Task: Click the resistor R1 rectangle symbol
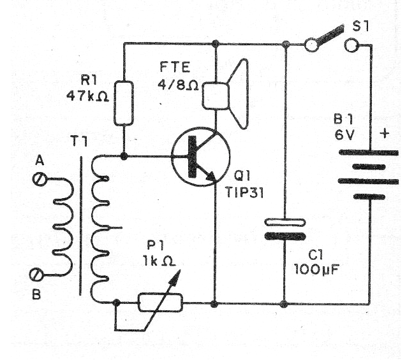(x=124, y=103)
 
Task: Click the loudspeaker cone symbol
(x=239, y=94)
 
